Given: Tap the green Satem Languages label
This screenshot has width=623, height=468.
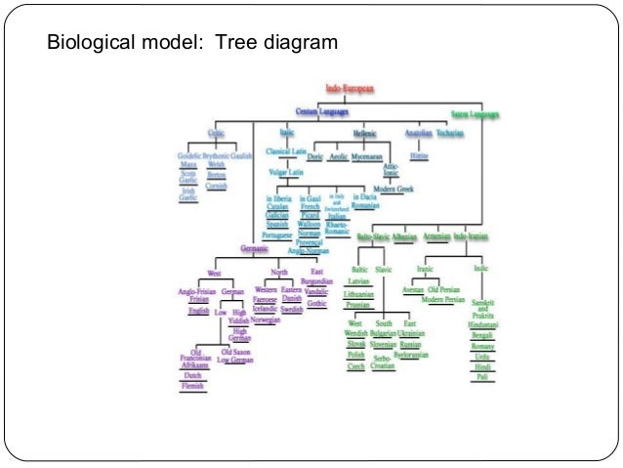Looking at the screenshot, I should tap(475, 114).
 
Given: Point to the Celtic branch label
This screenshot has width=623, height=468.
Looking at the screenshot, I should tap(216, 132).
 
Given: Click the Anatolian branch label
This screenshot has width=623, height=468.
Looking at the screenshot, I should tap(418, 132).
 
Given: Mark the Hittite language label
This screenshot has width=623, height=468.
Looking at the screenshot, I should tap(420, 155).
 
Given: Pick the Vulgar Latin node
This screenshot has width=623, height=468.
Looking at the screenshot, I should tap(285, 172).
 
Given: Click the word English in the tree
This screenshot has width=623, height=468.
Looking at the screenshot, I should tap(199, 310).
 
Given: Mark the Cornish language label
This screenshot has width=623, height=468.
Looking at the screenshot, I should tap(217, 186).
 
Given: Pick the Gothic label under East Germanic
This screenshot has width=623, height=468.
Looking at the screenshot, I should tap(316, 303).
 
